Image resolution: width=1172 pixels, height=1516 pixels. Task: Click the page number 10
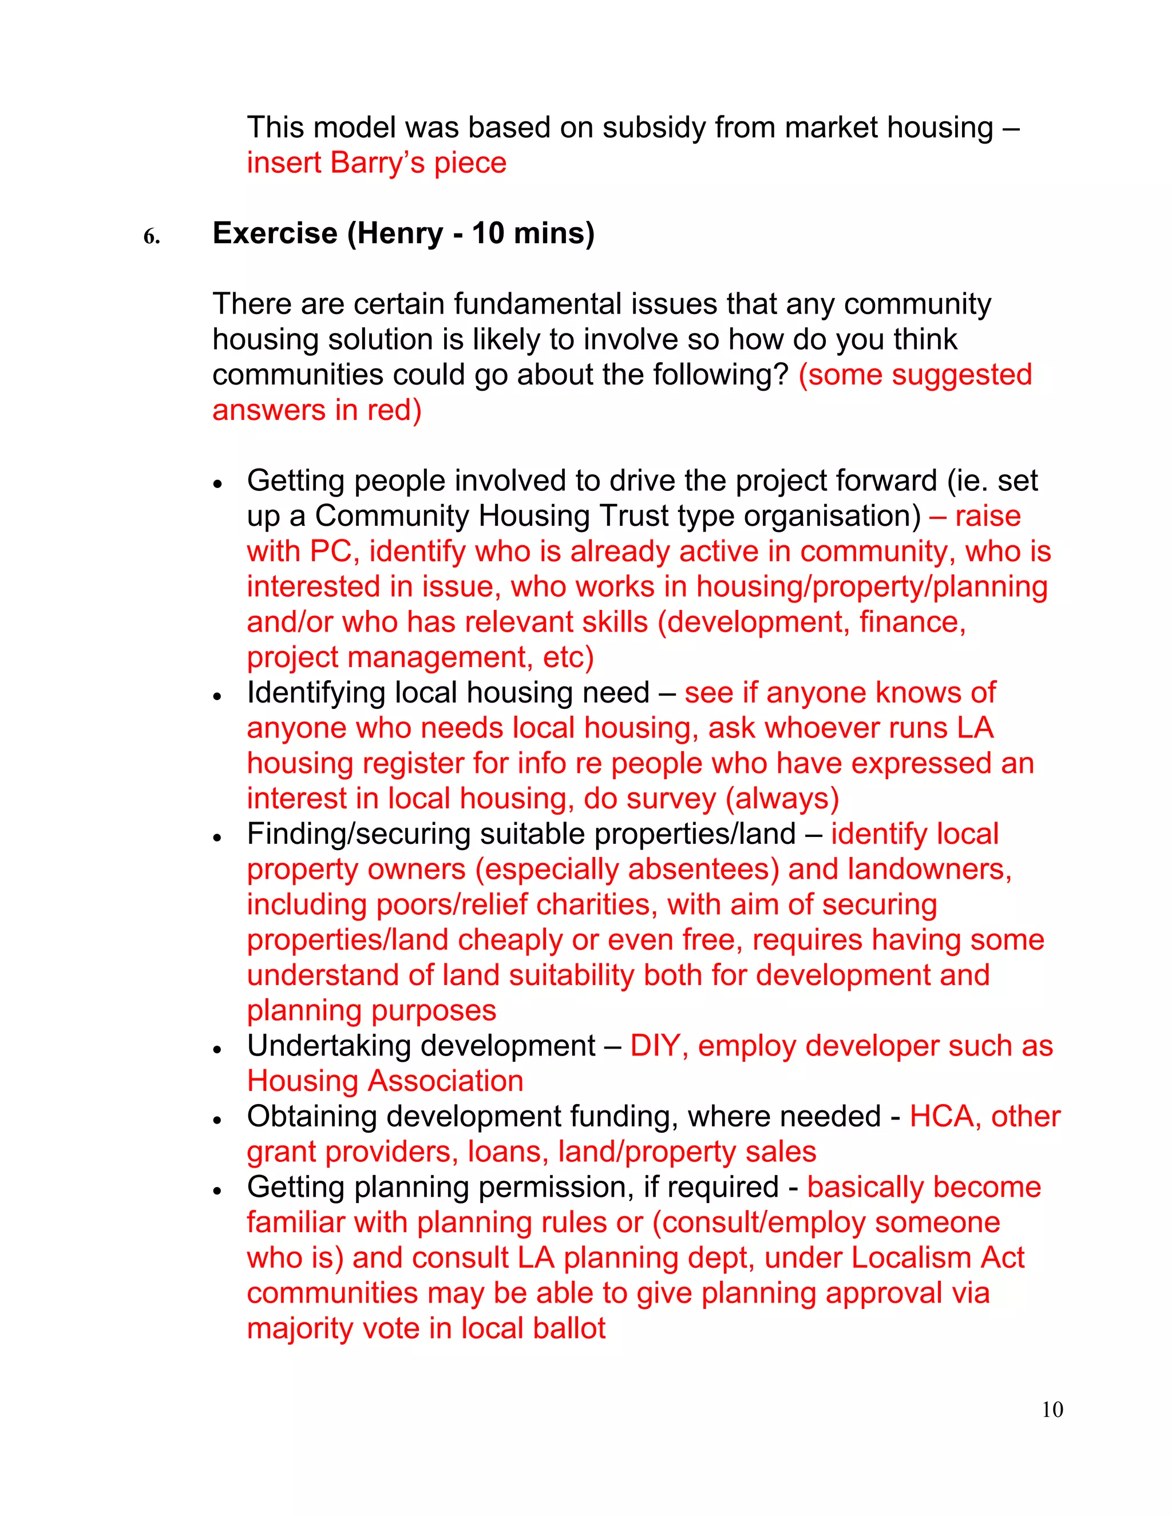click(1052, 1409)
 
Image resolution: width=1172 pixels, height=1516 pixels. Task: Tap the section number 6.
click(151, 237)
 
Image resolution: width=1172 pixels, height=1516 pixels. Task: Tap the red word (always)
click(782, 799)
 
